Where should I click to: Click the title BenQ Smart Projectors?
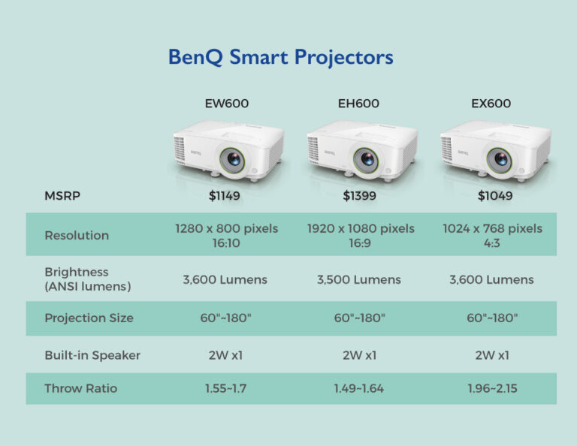280,58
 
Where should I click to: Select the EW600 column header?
226,104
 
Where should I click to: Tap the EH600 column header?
359,104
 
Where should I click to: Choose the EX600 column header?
491,104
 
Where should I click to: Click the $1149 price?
225,196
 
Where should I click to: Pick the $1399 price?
358,196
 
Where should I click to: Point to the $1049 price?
492,196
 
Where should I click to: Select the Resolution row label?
77,235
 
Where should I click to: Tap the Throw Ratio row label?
80,389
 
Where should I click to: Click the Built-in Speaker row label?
92,355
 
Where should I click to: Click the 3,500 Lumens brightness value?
358,279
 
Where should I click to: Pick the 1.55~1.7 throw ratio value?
226,389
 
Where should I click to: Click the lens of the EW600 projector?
233,159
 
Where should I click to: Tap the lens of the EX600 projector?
499,159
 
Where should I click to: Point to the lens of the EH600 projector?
367,159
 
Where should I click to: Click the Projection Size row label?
89,318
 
